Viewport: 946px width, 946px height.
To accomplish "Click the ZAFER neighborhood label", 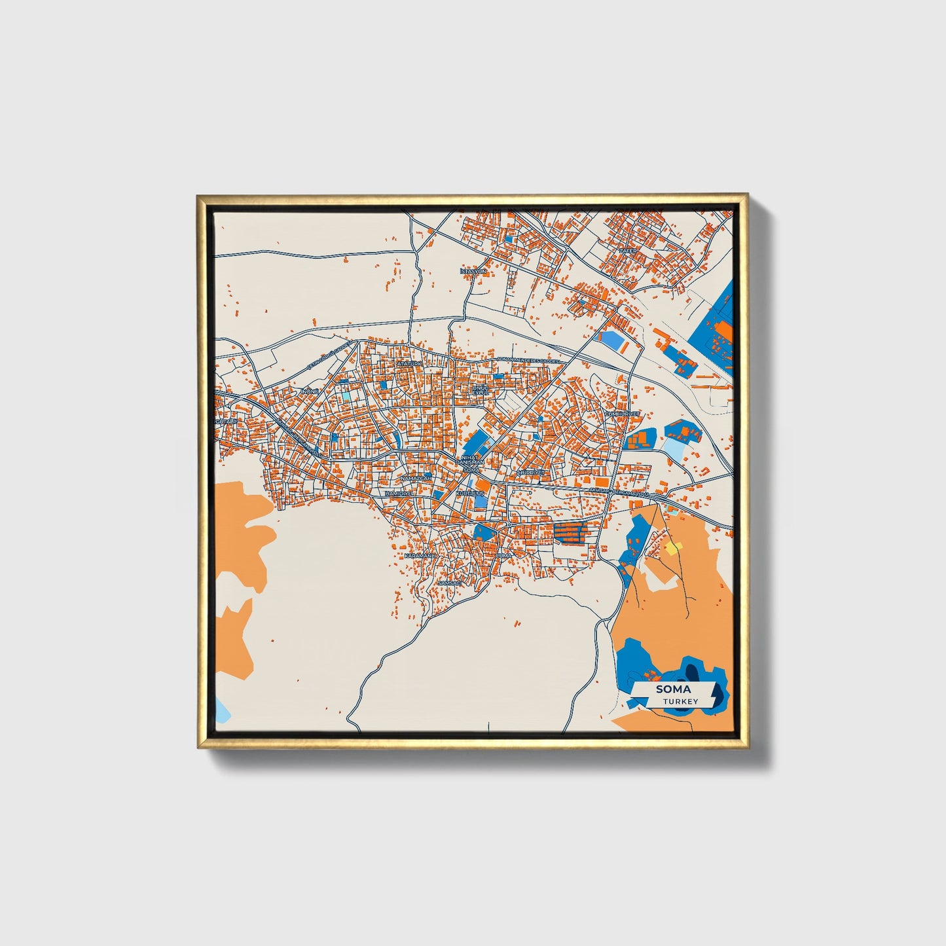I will tap(628, 251).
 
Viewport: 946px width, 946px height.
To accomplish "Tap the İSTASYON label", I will tap(473, 271).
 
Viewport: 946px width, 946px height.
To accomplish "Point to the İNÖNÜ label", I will tap(308, 391).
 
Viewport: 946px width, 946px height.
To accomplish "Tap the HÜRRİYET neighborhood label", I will tap(531, 472).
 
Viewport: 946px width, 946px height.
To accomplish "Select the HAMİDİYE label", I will tap(399, 493).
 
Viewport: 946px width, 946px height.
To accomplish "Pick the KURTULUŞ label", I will tap(470, 492).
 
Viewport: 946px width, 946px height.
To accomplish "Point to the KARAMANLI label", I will tap(420, 555).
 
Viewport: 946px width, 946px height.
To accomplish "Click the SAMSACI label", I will tap(450, 582).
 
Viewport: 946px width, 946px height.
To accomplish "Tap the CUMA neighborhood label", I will tap(503, 555).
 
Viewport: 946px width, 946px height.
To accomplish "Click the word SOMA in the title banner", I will tap(673, 689).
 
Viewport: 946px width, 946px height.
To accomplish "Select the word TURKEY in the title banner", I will tap(680, 701).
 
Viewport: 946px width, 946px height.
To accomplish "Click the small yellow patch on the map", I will tap(673, 547).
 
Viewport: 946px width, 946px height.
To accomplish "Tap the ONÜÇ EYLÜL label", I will tap(481, 390).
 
